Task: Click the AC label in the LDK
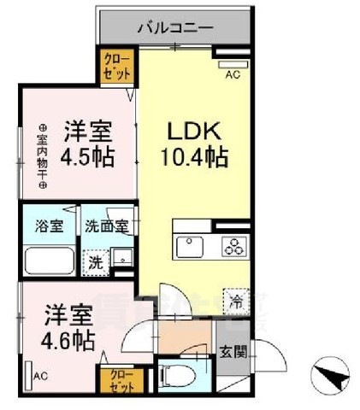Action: tap(231, 74)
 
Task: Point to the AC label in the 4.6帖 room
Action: tap(39, 375)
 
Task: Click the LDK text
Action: tap(193, 135)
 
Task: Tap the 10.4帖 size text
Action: tap(193, 158)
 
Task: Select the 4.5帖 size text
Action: tap(91, 159)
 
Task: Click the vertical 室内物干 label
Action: tap(42, 159)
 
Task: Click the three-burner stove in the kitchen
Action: tap(234, 248)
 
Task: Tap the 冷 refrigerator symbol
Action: tap(233, 300)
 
